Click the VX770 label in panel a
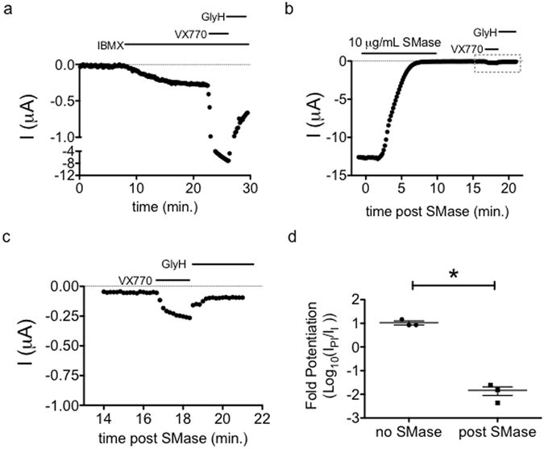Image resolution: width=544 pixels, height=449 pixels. coord(190,34)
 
